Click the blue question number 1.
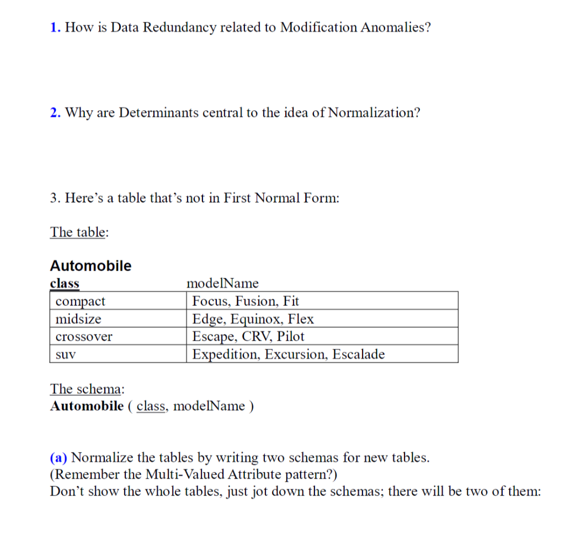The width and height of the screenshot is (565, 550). click(x=54, y=28)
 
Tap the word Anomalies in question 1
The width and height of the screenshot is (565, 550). click(x=395, y=28)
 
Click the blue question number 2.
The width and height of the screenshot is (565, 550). click(x=54, y=113)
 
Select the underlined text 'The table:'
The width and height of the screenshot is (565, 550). click(x=79, y=231)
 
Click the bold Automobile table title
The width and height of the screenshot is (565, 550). click(x=90, y=266)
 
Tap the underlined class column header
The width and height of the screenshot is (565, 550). click(x=65, y=283)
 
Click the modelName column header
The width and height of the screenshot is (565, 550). click(x=223, y=283)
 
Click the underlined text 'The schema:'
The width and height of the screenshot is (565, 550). click(x=87, y=389)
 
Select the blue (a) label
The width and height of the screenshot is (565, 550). click(x=59, y=457)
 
